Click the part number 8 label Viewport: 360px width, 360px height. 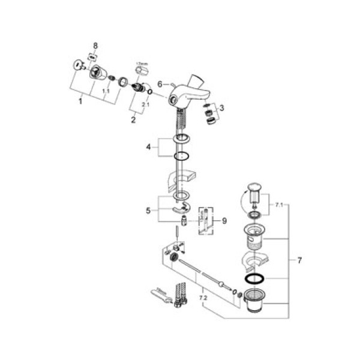[94, 46]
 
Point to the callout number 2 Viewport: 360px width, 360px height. [133, 119]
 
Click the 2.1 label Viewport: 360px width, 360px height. [145, 104]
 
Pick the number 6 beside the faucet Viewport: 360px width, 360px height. [160, 84]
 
